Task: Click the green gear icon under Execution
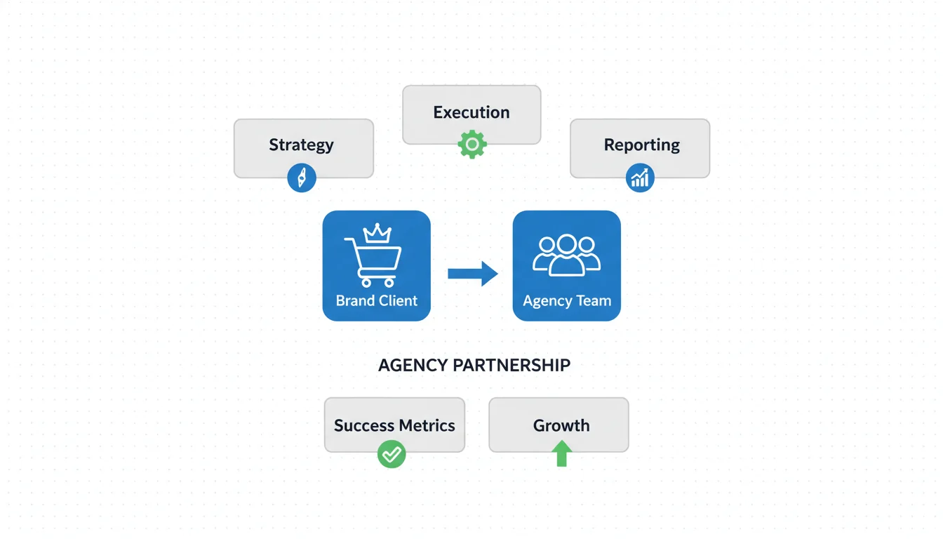471,145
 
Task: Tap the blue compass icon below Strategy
302,178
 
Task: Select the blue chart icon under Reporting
639,178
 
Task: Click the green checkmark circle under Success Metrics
392,454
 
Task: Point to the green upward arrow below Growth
561,453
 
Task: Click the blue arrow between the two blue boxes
472,274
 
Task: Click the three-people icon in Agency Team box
566,254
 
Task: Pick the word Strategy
301,145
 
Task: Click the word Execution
471,112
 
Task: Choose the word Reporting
641,145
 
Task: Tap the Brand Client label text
376,301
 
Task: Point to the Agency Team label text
567,301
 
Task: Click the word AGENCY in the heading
413,366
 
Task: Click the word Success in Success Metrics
362,425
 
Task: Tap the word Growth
561,425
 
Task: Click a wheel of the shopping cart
365,283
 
